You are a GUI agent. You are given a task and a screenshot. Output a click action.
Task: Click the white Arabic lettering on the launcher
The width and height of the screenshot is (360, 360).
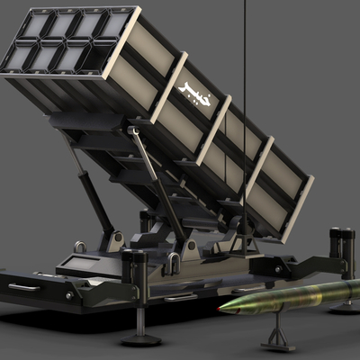[194, 94]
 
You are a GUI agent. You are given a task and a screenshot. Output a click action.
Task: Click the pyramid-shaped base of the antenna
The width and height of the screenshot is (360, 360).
[246, 245]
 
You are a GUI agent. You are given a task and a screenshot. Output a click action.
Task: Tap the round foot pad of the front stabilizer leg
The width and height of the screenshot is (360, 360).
[141, 340]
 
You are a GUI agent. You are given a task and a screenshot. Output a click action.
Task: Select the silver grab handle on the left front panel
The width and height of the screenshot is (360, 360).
[24, 287]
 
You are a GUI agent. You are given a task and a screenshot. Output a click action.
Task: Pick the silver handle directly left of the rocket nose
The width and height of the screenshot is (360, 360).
[181, 298]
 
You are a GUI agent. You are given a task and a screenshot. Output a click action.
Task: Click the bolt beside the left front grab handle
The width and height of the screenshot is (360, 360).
[69, 296]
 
